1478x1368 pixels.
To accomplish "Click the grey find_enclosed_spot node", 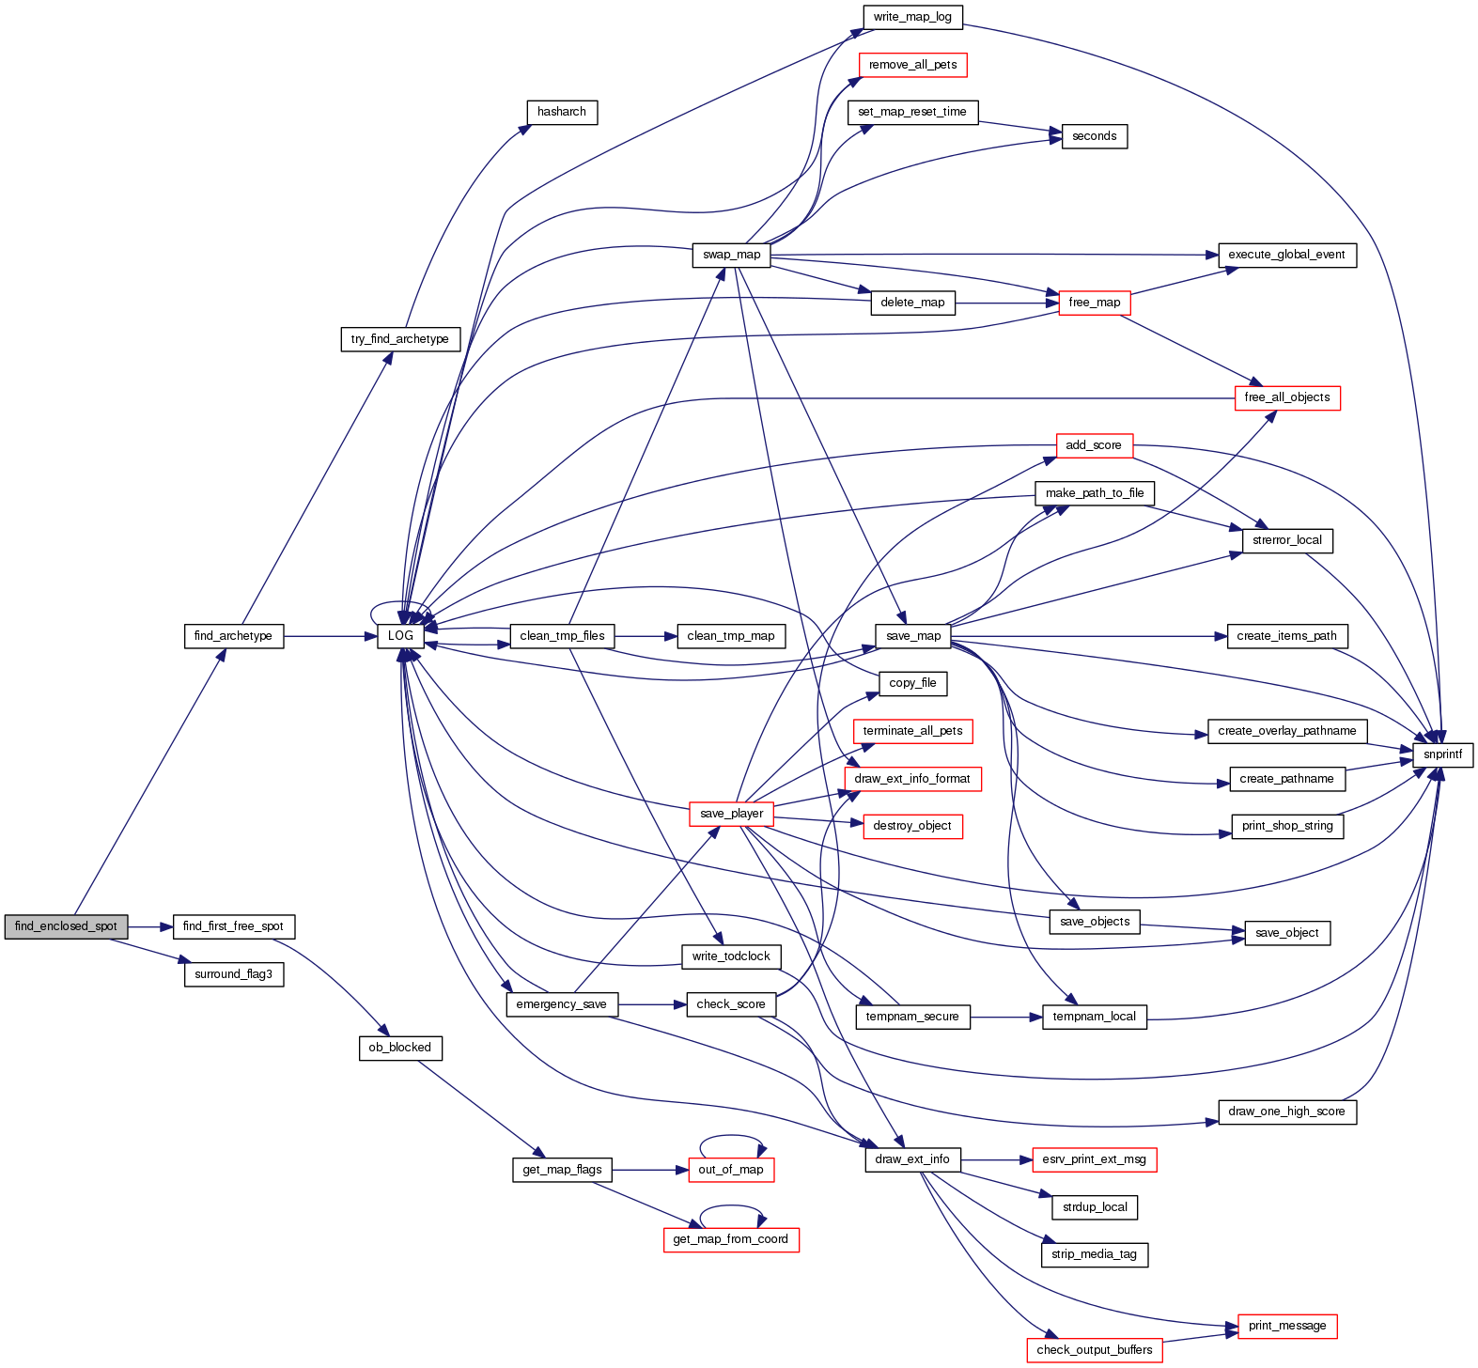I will point(66,926).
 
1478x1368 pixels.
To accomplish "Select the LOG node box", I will point(400,636).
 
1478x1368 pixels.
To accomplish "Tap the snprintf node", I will point(1442,754).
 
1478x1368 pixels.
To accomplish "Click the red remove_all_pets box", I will point(912,65).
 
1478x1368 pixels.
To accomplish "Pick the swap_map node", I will point(731,255).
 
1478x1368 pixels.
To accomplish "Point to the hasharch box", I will point(561,112).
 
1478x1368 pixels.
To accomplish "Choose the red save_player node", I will point(731,814).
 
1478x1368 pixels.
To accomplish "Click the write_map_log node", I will point(911,17).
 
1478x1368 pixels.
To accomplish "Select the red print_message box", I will point(1286,1326).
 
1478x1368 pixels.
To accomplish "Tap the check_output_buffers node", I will point(1094,1350).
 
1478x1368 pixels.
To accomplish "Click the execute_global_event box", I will point(1286,255).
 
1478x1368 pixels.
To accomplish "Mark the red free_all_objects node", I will point(1286,397).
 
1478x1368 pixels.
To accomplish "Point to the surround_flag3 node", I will point(233,974).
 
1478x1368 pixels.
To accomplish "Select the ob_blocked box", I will point(399,1048).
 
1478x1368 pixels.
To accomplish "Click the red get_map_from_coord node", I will point(730,1239).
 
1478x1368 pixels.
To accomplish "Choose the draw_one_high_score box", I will point(1286,1111).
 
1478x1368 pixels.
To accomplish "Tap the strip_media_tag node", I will point(1094,1254).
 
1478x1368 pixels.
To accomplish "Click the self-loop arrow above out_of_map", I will point(731,1136).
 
